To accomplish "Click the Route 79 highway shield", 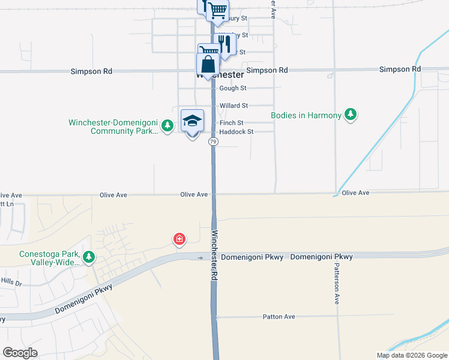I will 213,142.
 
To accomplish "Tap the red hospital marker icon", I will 179,240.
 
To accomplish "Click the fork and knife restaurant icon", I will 224,44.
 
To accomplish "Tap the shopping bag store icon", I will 208,65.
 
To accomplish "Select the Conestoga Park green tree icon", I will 89,257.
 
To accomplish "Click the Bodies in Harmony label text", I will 306,115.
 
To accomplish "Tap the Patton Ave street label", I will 279,316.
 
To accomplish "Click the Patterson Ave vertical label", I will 337,285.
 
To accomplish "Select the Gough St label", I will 233,88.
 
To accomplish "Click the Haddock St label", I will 237,131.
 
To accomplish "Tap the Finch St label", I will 231,122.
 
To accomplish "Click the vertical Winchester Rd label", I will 214,256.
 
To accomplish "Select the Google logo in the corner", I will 20,353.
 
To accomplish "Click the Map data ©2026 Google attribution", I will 412,355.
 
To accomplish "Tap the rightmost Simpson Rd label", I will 400,70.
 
